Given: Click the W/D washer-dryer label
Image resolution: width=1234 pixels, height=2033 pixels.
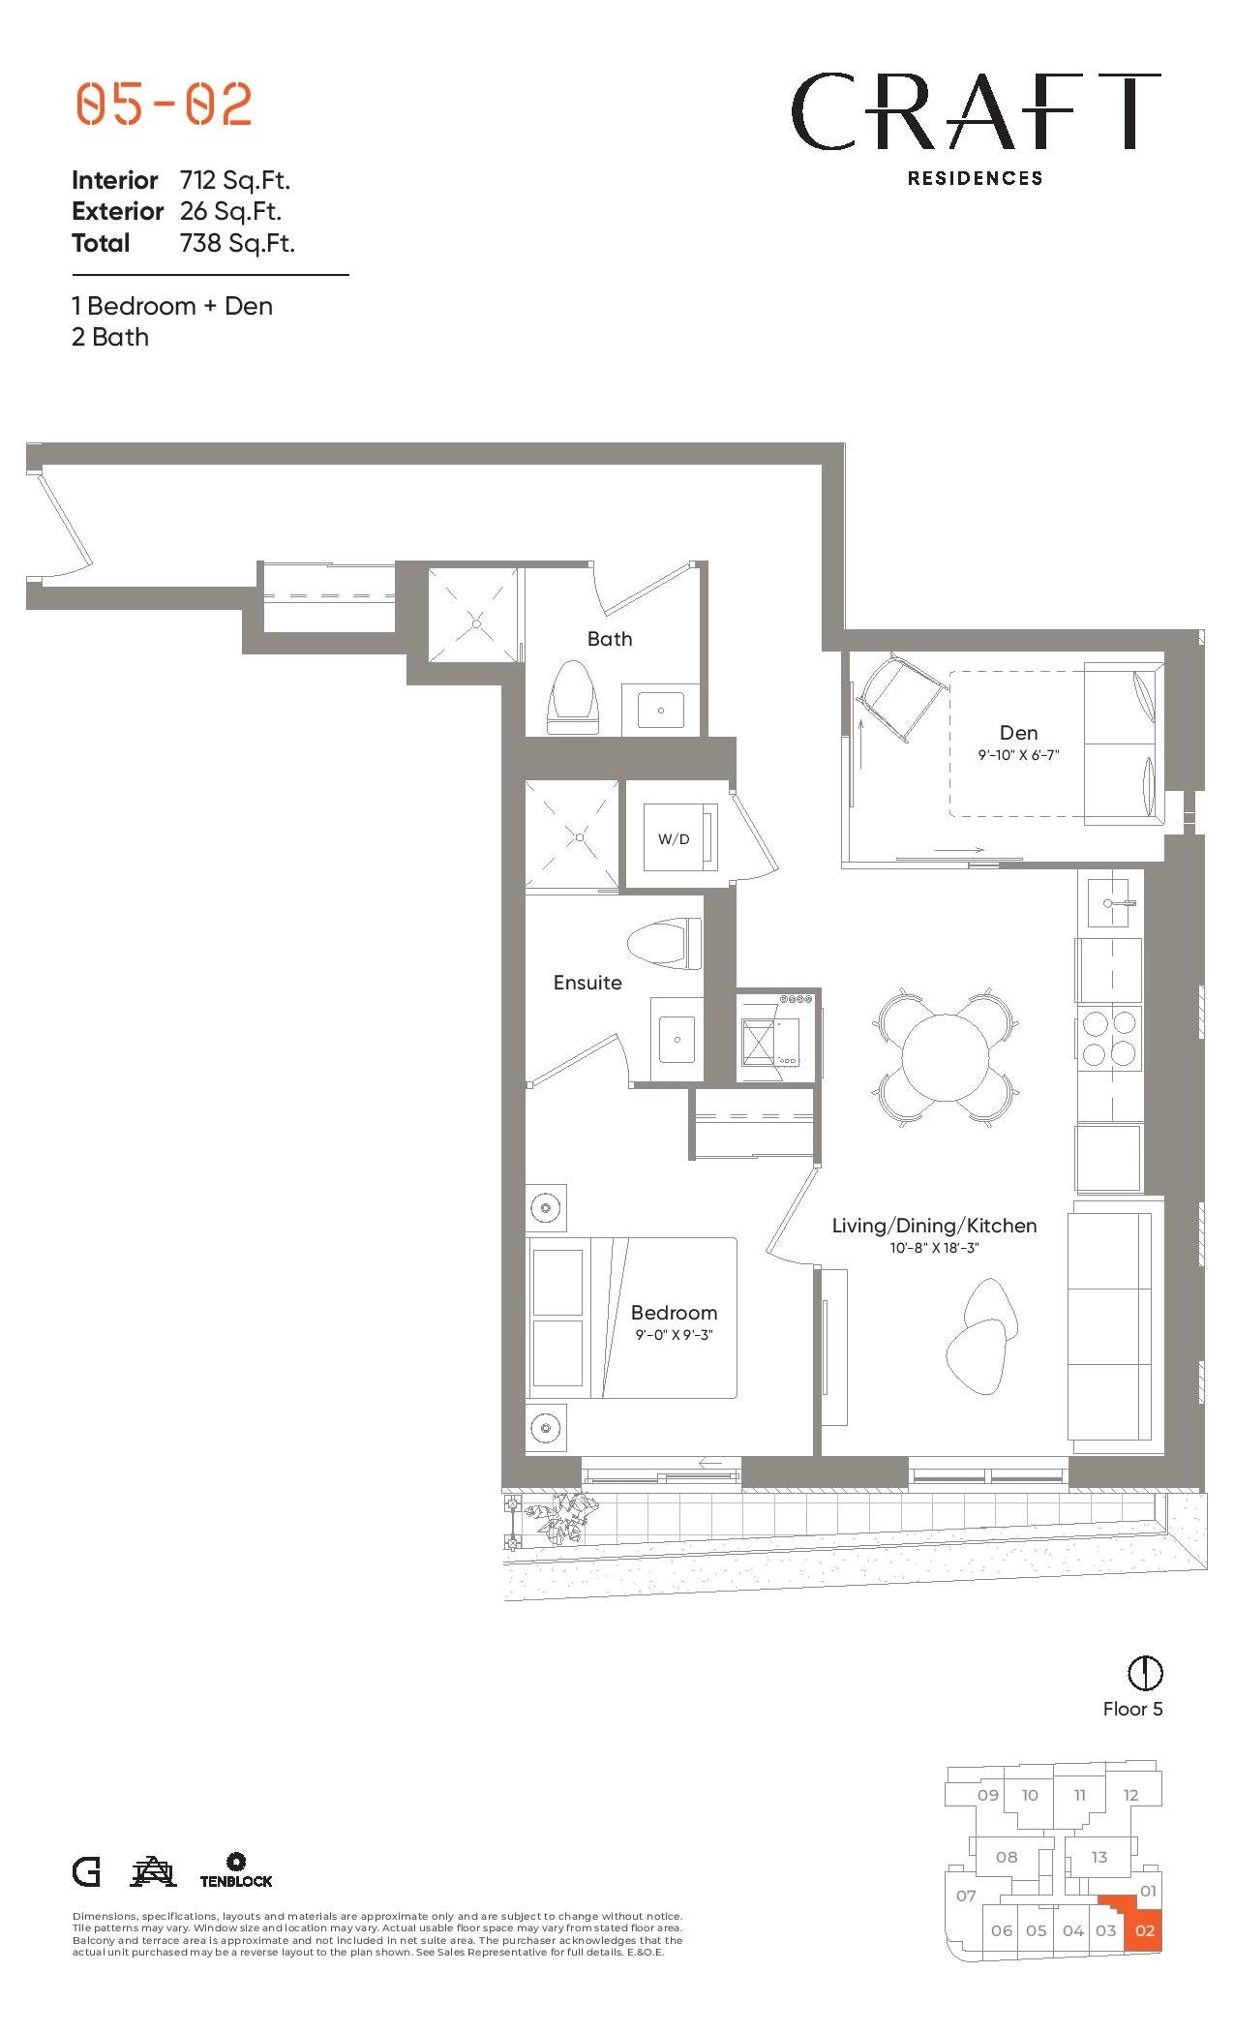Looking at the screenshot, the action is pos(674,838).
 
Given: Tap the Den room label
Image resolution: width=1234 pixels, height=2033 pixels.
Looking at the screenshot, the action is pos(1018,733).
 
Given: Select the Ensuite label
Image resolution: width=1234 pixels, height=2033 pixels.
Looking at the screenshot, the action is pos(587,982).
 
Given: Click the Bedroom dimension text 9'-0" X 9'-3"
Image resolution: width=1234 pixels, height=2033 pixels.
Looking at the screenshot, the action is pos(674,1335).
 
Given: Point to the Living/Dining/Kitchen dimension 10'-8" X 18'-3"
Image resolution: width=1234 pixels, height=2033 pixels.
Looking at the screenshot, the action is pos(935,1248).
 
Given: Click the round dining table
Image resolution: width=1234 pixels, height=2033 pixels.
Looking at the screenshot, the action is pos(946,1056).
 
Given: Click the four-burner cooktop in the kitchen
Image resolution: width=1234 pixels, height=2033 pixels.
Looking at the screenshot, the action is pos(1109,1037).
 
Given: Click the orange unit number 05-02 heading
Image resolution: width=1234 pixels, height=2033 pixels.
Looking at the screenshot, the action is pos(165,105).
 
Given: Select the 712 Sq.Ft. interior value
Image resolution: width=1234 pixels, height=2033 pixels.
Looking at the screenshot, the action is pos(235,180).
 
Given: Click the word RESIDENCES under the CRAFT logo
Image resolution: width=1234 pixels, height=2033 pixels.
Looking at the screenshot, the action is pos(975,178).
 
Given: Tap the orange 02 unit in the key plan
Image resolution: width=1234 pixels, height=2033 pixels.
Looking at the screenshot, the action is pos(1145,1929).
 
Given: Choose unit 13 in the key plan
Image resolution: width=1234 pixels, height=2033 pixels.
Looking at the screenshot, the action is pos(1099,1857).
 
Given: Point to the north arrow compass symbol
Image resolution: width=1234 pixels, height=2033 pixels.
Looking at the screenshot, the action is pos(1145,1672).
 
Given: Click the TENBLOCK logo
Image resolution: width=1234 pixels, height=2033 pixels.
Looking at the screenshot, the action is pos(236,1870).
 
